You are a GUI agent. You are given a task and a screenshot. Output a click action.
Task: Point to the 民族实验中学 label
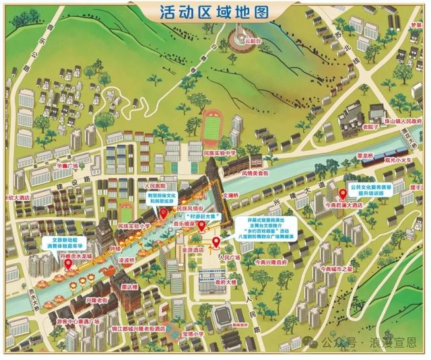click(220, 153)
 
